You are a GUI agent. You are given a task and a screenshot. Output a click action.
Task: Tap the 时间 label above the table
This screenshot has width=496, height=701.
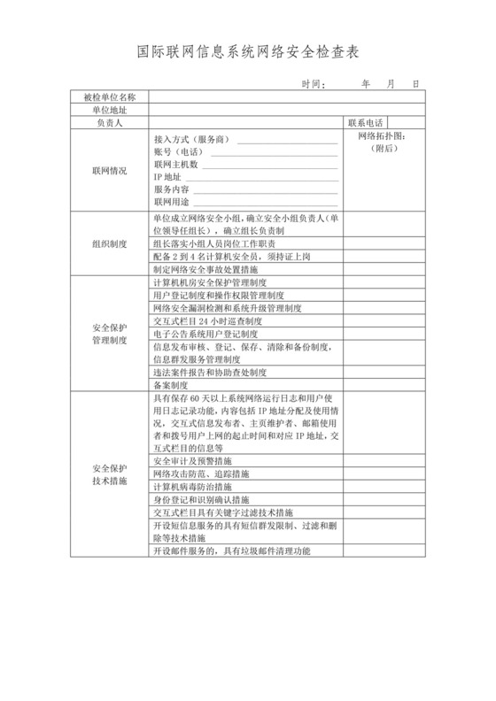313,85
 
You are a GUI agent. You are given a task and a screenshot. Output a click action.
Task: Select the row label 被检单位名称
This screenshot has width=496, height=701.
109,96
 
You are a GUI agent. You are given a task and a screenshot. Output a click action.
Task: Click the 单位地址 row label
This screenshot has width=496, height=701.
109,110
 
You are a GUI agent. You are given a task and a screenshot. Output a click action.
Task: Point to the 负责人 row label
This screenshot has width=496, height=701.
109,124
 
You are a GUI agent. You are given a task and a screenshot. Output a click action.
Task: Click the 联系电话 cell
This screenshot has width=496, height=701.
366,123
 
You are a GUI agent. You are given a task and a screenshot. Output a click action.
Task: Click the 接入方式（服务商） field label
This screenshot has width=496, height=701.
191,141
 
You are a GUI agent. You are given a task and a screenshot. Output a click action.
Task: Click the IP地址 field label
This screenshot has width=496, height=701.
167,178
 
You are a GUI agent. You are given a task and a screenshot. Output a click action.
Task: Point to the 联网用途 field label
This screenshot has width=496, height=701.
171,203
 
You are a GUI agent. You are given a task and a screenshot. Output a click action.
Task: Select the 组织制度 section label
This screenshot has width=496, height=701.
109,243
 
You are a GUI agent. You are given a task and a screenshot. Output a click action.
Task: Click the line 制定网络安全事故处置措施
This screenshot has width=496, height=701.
205,268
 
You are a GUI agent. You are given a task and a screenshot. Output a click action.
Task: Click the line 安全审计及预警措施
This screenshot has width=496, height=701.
192,462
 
